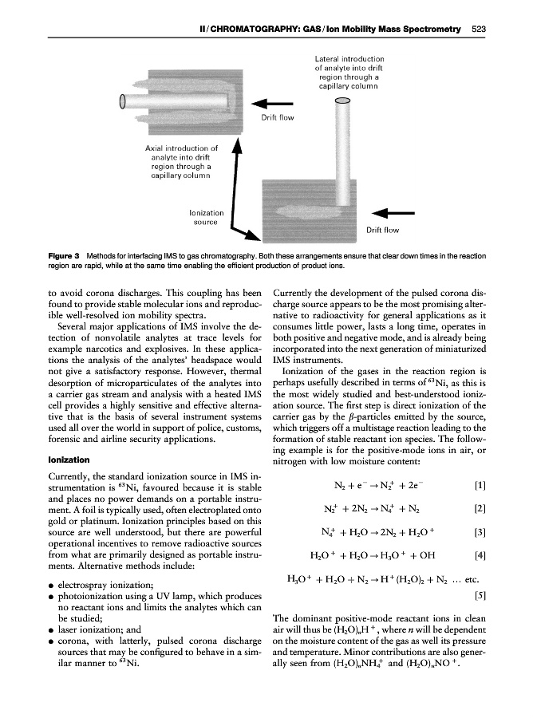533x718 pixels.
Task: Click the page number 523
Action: point(479,30)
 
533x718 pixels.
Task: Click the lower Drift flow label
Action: point(382,231)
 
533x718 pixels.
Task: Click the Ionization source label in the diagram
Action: point(206,219)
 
